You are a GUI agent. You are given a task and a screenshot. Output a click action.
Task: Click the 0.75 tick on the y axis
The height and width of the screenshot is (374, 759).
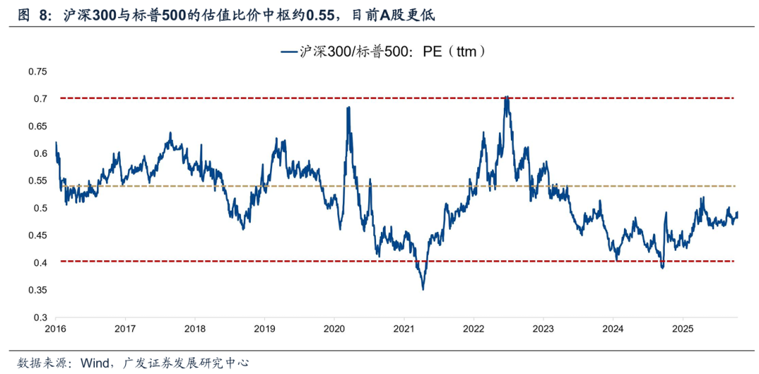37,72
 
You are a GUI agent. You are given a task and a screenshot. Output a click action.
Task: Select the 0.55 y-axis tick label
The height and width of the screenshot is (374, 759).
37,181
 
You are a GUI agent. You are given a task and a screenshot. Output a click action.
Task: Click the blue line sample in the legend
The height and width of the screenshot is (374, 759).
289,51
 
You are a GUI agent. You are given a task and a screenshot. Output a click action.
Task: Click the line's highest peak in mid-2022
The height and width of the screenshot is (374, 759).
507,97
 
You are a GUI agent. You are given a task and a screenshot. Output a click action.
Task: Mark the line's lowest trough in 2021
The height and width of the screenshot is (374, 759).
422,289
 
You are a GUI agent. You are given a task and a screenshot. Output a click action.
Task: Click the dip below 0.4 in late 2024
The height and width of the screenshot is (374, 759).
662,268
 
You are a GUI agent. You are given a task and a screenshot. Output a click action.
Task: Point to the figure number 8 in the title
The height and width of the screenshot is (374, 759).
44,14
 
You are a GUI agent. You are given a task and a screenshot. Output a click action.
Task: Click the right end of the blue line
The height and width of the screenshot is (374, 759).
738,213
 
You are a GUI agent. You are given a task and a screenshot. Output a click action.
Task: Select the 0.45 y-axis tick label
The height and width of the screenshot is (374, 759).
37,236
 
